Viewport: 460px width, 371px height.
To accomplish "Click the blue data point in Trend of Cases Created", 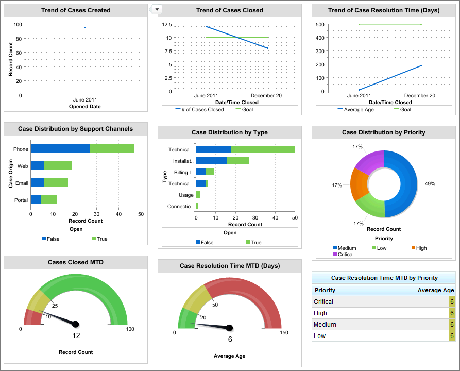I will [x=85, y=27].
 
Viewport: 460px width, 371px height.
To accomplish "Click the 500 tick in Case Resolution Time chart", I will [x=320, y=24].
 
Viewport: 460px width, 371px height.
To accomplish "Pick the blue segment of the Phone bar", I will [x=60, y=149].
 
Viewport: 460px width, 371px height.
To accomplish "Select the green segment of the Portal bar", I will [x=49, y=199].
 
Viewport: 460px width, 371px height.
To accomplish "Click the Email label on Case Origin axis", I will [x=21, y=182].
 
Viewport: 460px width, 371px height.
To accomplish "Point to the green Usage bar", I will [x=198, y=195].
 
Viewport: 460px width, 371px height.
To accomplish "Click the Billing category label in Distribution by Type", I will [x=183, y=172].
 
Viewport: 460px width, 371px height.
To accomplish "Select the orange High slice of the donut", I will [x=359, y=183].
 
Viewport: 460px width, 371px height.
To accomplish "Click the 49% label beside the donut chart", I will [x=429, y=183].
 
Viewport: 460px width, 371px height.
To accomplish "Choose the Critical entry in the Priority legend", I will [x=346, y=254].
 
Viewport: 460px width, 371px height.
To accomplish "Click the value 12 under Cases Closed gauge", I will [x=76, y=335].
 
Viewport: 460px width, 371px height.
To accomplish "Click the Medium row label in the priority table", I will [x=325, y=325].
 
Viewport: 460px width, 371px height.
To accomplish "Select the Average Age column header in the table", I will [x=435, y=290].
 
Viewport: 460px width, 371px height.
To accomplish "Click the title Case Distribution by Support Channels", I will [x=75, y=129].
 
